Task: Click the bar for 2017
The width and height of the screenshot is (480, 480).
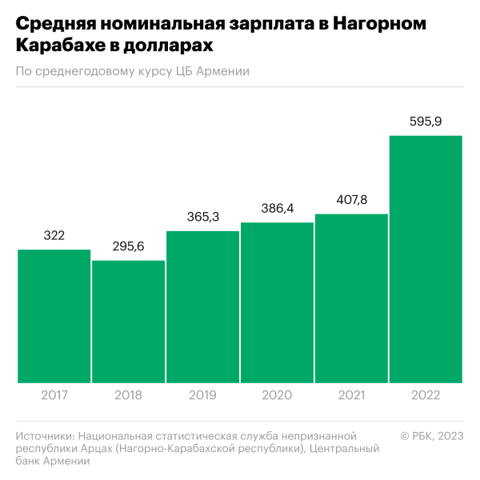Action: [x=54, y=317]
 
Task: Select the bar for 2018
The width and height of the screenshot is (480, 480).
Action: [x=128, y=322]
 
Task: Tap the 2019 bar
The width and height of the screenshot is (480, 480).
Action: [x=202, y=307]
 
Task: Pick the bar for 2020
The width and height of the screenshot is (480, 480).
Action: [x=277, y=302]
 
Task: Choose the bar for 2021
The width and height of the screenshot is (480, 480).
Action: [x=351, y=298]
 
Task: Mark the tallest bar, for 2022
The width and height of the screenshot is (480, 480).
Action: [x=426, y=259]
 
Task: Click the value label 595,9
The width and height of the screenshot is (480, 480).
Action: [x=426, y=122]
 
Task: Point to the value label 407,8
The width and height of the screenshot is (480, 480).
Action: [x=351, y=200]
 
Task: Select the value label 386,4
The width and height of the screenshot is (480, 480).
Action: [x=277, y=208]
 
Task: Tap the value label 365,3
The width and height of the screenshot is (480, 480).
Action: [x=202, y=217]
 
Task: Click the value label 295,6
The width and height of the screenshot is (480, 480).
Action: [x=128, y=246]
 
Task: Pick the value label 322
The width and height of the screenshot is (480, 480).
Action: [x=54, y=235]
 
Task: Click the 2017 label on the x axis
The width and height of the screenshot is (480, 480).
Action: [x=54, y=395]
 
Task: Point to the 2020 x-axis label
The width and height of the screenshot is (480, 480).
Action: [x=277, y=395]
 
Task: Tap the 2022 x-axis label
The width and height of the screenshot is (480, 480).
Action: [x=426, y=395]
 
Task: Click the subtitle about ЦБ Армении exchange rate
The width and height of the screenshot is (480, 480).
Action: [x=133, y=72]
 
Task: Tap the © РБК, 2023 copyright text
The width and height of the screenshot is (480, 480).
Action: [x=432, y=435]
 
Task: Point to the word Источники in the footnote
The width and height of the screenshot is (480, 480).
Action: [x=45, y=435]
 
